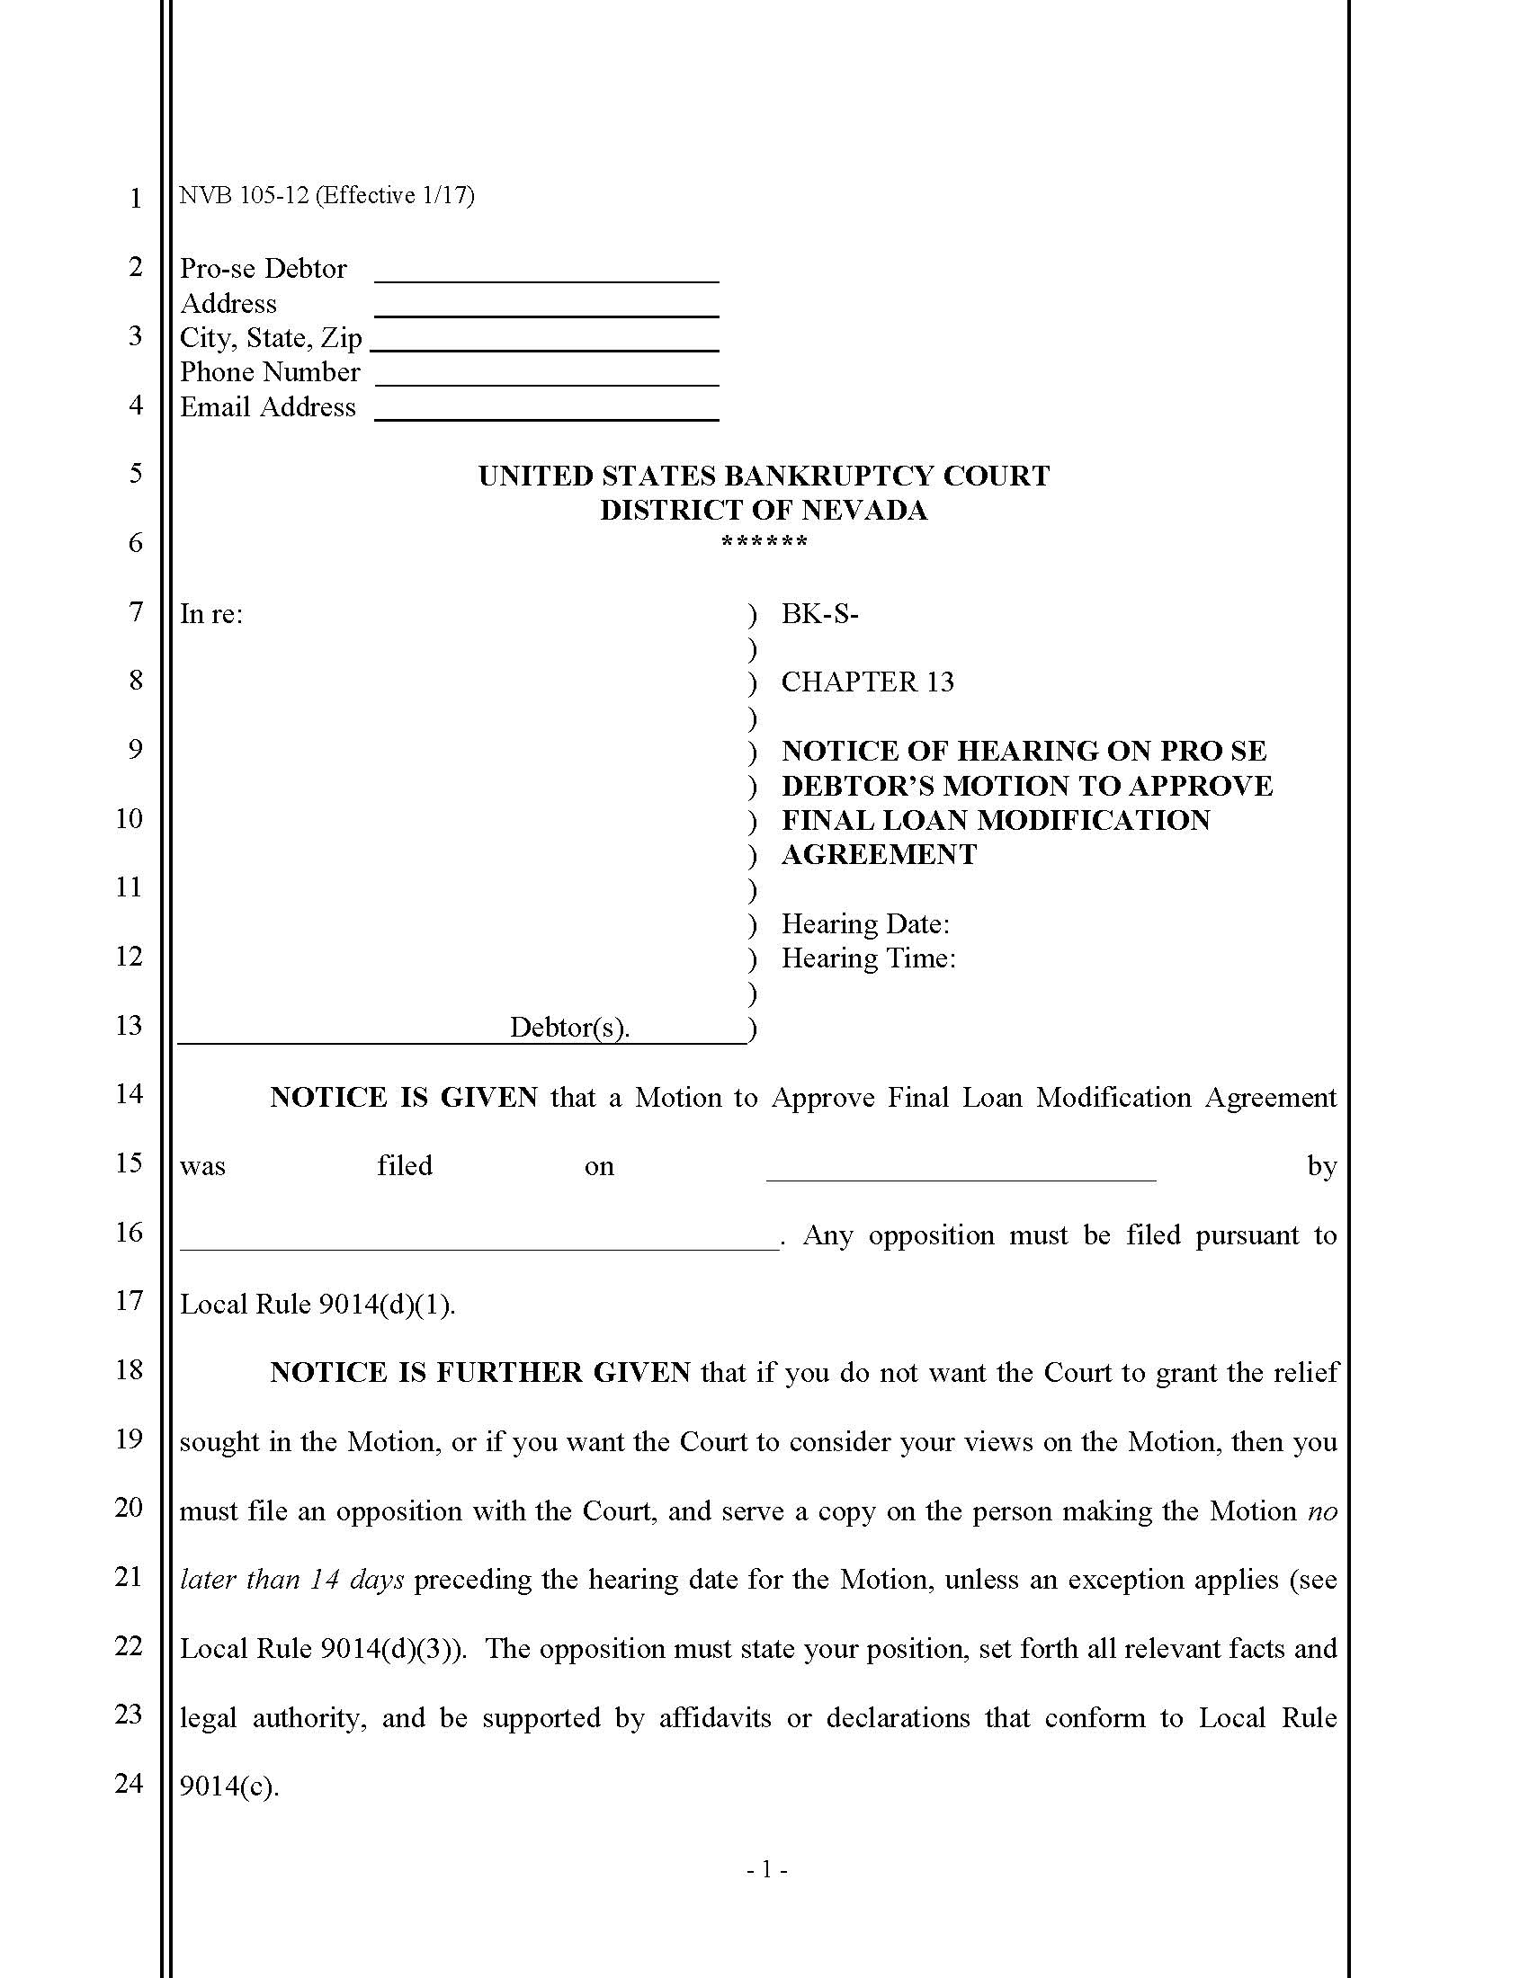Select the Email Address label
pos(267,407)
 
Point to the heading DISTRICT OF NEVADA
pos(764,510)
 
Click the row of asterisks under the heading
pos(764,543)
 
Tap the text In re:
pos(211,614)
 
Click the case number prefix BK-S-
pos(819,614)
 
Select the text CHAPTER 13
pos(868,682)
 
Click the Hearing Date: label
pos(865,923)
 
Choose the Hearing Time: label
pos(868,958)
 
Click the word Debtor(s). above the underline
pos(569,1027)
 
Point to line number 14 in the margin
pos(129,1094)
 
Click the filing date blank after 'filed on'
pos(961,1170)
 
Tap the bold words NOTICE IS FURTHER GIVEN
pos(480,1373)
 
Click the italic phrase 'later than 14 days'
pos(291,1580)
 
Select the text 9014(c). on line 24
pos(229,1786)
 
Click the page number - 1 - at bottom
pos(766,1870)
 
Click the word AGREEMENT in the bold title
pos(879,854)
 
